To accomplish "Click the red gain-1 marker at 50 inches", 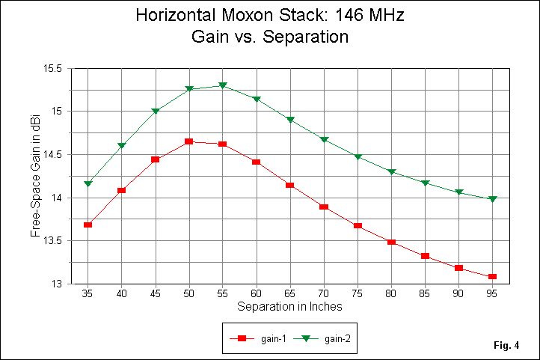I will [188, 141].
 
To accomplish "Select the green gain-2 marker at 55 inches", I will [223, 86].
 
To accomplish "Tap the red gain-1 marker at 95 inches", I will [492, 277].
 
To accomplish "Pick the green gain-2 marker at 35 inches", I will [88, 183].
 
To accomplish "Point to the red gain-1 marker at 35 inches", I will [88, 225].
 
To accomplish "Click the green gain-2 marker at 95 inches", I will [492, 199].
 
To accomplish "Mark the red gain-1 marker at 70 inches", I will [324, 207].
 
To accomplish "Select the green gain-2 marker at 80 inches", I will [391, 172].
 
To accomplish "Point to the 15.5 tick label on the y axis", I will [55, 68].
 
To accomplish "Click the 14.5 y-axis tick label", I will [55, 155].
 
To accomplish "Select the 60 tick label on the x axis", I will [256, 294].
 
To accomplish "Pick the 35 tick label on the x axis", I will [88, 294].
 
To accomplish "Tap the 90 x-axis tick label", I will [458, 294].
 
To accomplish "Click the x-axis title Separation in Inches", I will [290, 307].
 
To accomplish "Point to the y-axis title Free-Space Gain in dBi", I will [35, 177].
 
